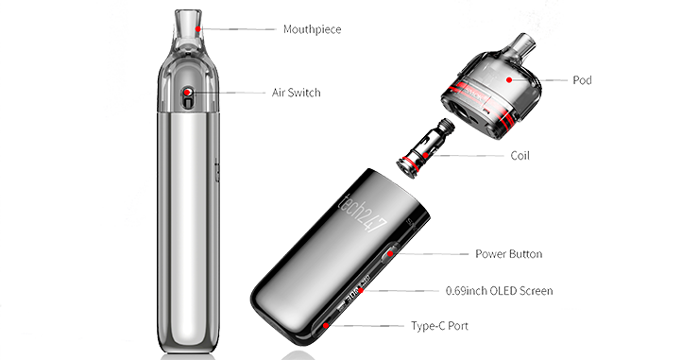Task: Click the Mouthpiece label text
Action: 311,30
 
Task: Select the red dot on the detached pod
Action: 510,82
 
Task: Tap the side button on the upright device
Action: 217,170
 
